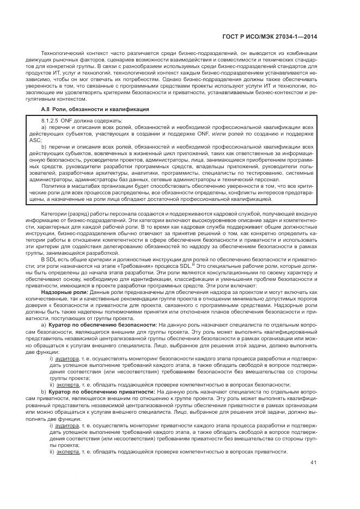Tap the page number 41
click(x=314, y=463)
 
